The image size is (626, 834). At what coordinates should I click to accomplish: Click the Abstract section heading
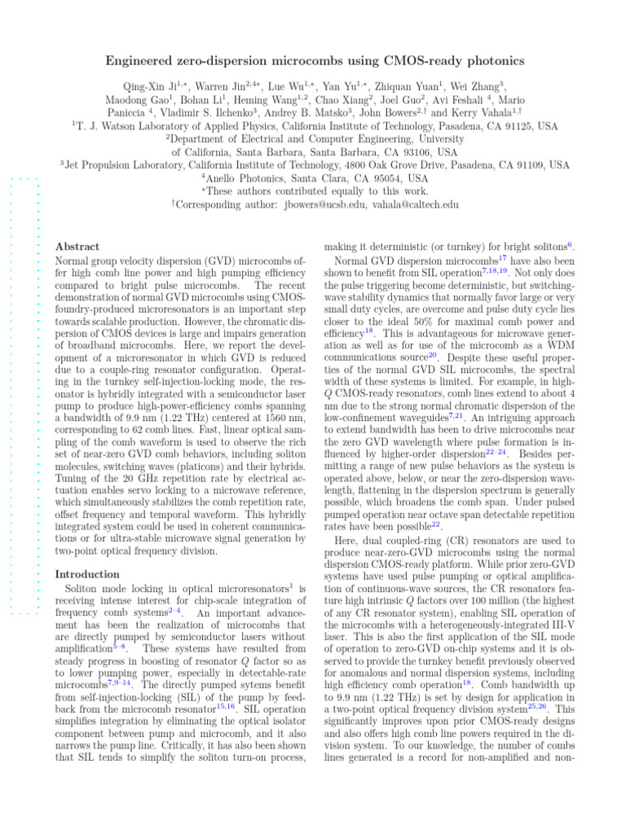77,246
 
